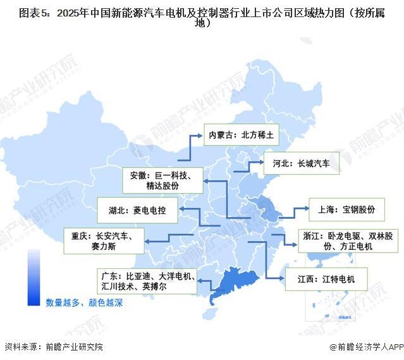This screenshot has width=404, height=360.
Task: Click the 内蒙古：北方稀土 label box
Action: (243, 135)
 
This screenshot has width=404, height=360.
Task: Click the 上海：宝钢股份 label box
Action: (346, 209)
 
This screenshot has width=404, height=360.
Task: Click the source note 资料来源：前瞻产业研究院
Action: (53, 347)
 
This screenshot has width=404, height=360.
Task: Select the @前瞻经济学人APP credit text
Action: (361, 347)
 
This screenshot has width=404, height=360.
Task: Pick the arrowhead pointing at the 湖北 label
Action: (179, 209)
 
